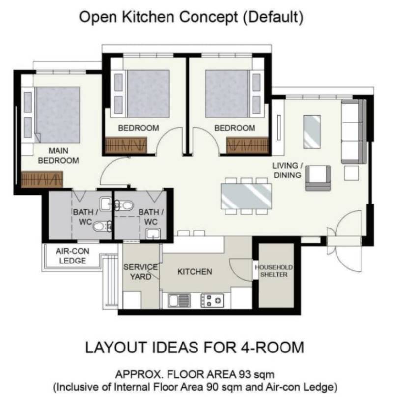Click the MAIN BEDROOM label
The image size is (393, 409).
[x=58, y=156]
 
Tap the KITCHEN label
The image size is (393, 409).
[x=195, y=272]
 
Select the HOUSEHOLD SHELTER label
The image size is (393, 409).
[x=274, y=271]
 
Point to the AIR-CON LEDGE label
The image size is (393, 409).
[x=72, y=256]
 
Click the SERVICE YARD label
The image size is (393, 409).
[x=140, y=272]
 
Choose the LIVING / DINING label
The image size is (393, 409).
[x=287, y=170]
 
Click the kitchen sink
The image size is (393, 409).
[x=179, y=300]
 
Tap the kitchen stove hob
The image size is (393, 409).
[x=212, y=300]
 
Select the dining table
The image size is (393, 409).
[x=246, y=196]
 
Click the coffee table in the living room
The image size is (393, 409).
[x=312, y=131]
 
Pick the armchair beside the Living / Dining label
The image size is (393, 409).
[x=318, y=178]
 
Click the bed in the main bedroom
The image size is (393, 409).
[x=57, y=115]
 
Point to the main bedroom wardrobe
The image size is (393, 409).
[x=42, y=179]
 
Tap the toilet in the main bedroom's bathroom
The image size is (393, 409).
[x=101, y=226]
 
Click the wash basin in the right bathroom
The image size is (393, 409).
[x=153, y=234]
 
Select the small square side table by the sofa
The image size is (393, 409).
[x=351, y=174]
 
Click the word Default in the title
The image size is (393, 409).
[x=273, y=17]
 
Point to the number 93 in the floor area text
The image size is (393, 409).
[x=244, y=375]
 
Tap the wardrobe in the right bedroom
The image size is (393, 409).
[x=248, y=145]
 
